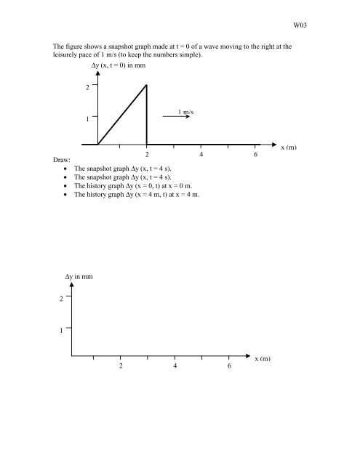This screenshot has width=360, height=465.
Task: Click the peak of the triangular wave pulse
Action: point(147,85)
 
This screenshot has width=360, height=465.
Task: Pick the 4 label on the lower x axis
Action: point(175,366)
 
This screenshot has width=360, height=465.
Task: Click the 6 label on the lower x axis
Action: point(229,366)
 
